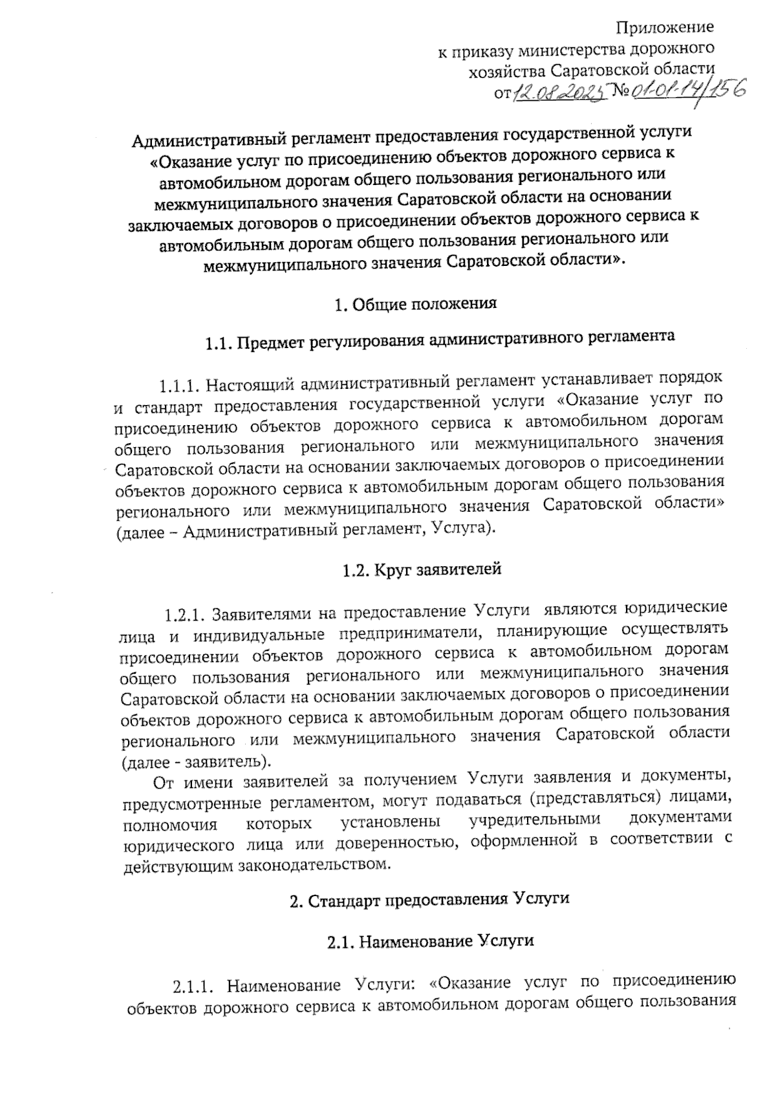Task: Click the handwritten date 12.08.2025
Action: (560, 94)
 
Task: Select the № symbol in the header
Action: (621, 94)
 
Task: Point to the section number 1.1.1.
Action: (177, 386)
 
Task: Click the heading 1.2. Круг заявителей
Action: (421, 571)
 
